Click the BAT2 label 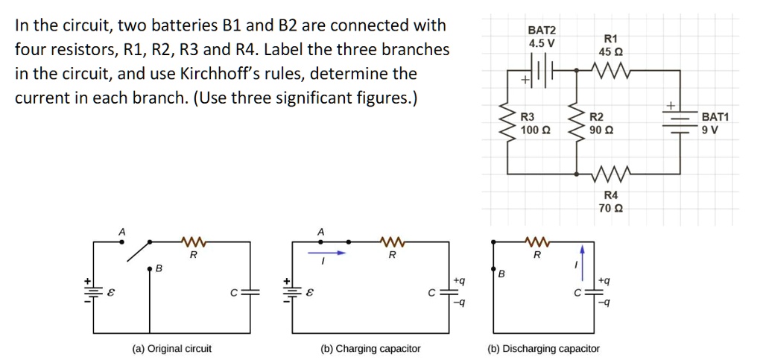click(542, 30)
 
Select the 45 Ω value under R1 click(611, 53)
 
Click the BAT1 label click(716, 117)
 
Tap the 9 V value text click(712, 130)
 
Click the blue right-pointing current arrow click(328, 253)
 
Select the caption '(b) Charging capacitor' click(370, 349)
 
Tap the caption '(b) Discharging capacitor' click(543, 349)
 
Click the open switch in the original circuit click(141, 251)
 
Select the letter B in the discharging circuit click(501, 274)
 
